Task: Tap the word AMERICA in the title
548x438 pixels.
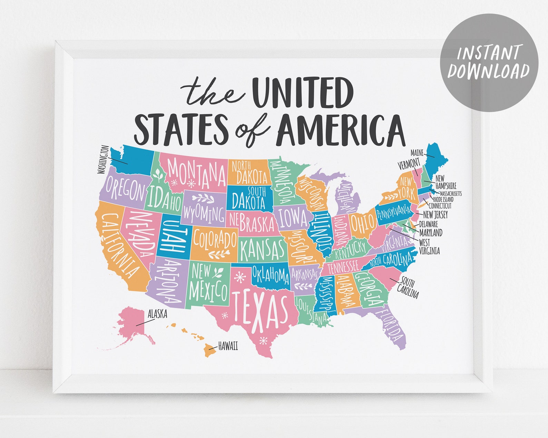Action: (x=340, y=130)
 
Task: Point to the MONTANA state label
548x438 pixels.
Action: (x=197, y=173)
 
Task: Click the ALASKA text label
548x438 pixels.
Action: (x=157, y=314)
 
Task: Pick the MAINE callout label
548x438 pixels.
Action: (x=417, y=152)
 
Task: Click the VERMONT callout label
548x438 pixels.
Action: (x=409, y=164)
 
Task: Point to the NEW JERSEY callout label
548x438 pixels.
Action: (x=435, y=215)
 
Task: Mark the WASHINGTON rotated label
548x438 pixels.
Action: (x=104, y=159)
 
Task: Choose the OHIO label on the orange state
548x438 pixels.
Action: (x=362, y=223)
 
